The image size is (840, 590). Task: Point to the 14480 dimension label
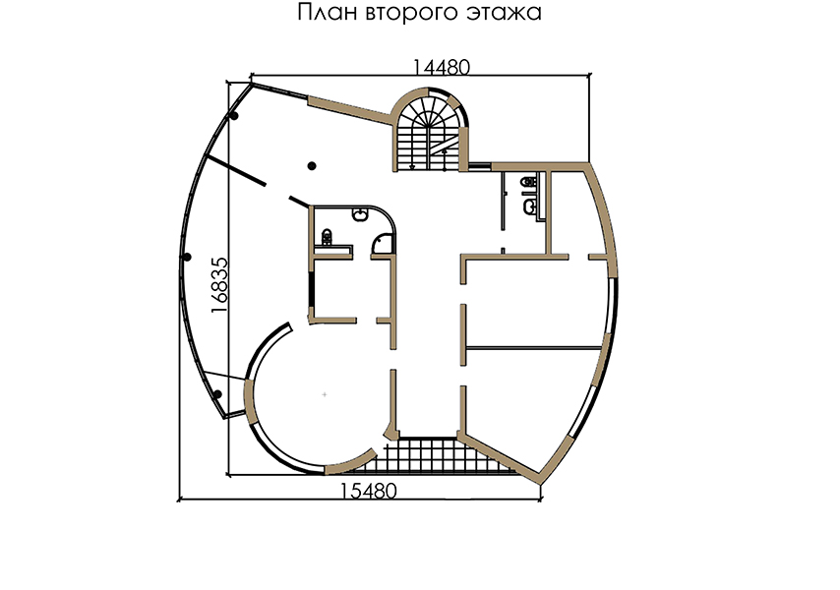pyautogui.click(x=442, y=68)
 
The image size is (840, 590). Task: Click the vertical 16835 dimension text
pyautogui.click(x=219, y=285)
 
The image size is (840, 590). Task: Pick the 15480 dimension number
pyautogui.click(x=369, y=491)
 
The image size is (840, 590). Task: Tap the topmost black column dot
pyautogui.click(x=234, y=116)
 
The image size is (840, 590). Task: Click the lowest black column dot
pyautogui.click(x=217, y=394)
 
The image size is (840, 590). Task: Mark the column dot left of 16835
pyautogui.click(x=187, y=258)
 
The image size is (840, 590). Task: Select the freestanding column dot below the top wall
pyautogui.click(x=312, y=166)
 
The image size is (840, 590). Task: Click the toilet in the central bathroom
pyautogui.click(x=327, y=236)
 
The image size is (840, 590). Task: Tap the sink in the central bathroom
pyautogui.click(x=361, y=214)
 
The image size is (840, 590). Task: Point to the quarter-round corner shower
pyautogui.click(x=383, y=243)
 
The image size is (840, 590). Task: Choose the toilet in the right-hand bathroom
pyautogui.click(x=528, y=182)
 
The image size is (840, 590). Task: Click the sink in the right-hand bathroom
pyautogui.click(x=530, y=206)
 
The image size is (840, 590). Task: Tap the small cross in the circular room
pyautogui.click(x=325, y=394)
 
